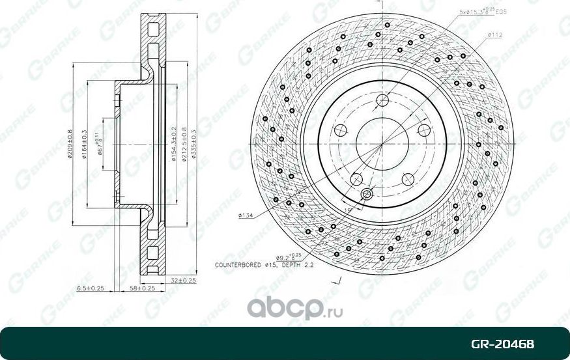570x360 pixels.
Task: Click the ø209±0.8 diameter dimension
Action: (x=70, y=143)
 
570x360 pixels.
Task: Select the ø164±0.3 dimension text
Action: (x=85, y=143)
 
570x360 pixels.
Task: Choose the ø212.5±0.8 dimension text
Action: (x=185, y=144)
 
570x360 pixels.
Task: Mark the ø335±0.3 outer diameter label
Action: (x=195, y=144)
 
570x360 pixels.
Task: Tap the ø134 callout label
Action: (x=246, y=215)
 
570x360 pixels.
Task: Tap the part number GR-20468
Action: (x=513, y=343)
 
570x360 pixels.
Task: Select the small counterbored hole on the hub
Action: (x=366, y=193)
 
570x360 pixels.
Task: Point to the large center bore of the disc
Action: (x=382, y=144)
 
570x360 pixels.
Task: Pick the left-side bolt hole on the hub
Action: (x=339, y=130)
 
